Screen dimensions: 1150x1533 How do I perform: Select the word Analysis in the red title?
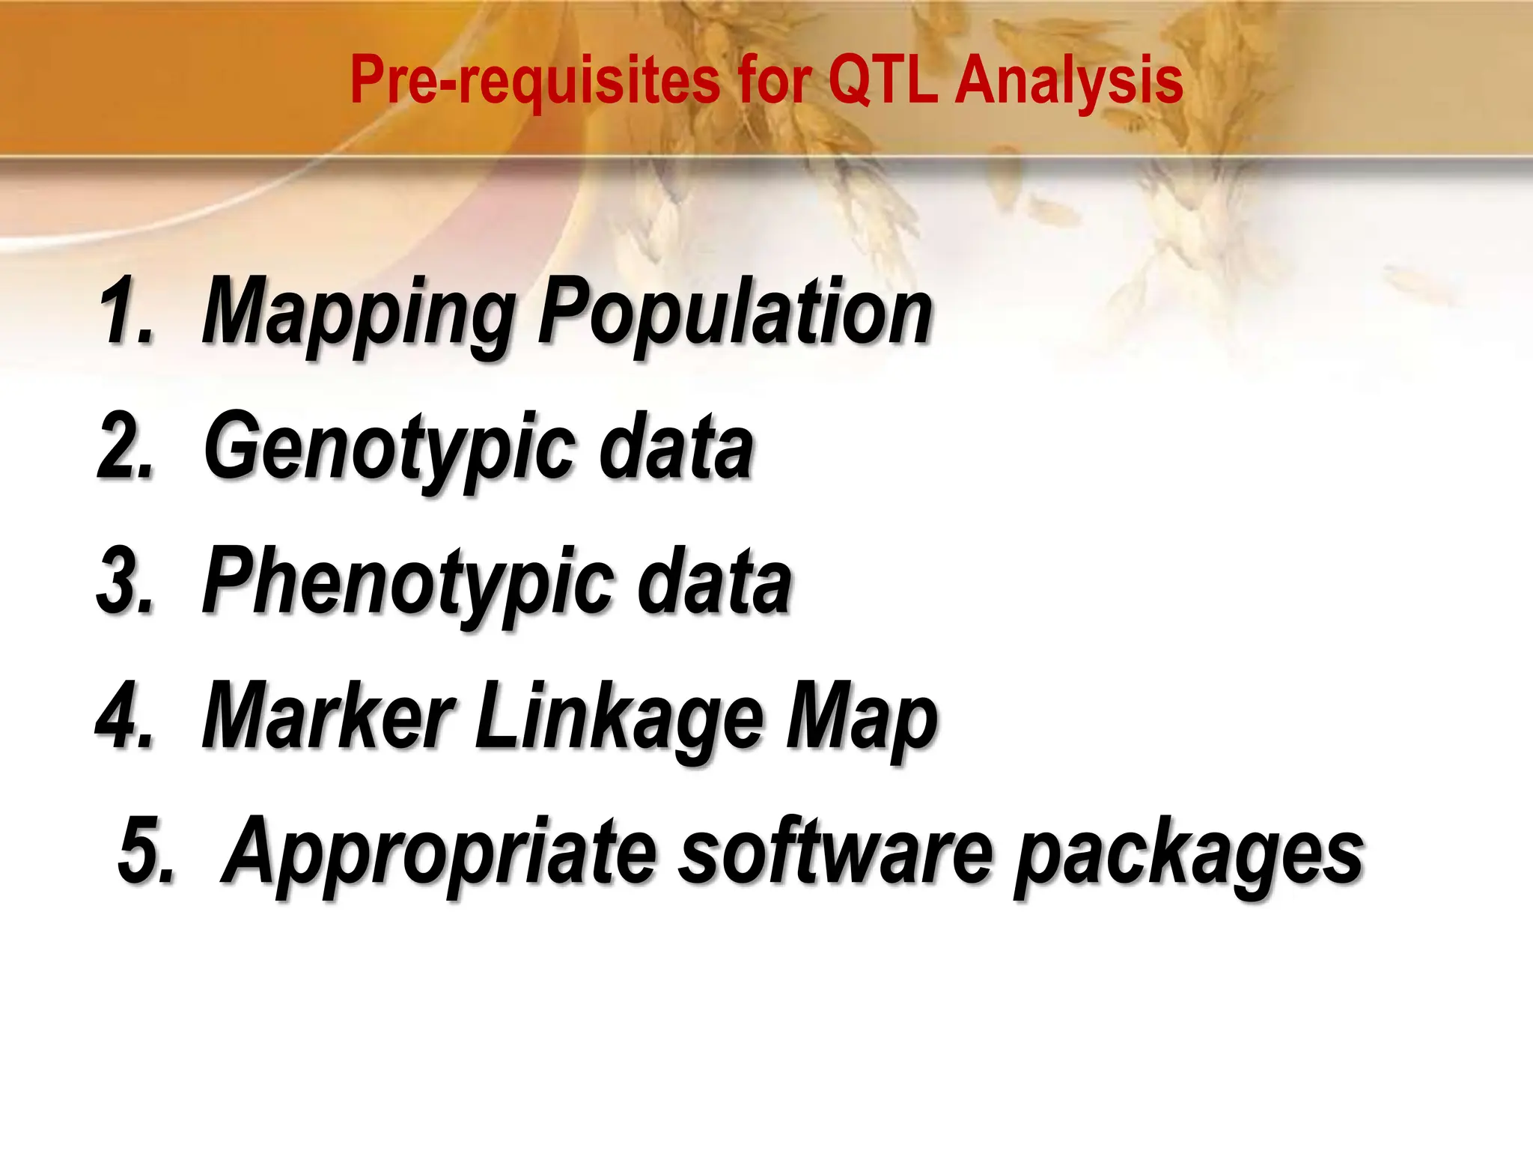point(1069,81)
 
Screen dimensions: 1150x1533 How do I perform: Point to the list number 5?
point(145,852)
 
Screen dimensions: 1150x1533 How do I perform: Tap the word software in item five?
point(835,852)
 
